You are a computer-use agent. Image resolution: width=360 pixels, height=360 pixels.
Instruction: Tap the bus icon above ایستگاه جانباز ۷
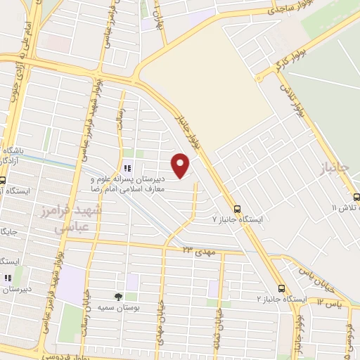point(238,208)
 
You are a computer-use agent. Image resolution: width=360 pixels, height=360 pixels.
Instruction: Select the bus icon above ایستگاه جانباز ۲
point(281,288)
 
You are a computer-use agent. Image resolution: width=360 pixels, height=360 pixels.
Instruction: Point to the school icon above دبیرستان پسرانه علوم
point(127,168)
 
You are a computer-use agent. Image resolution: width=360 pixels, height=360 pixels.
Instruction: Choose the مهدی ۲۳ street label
point(201,251)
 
